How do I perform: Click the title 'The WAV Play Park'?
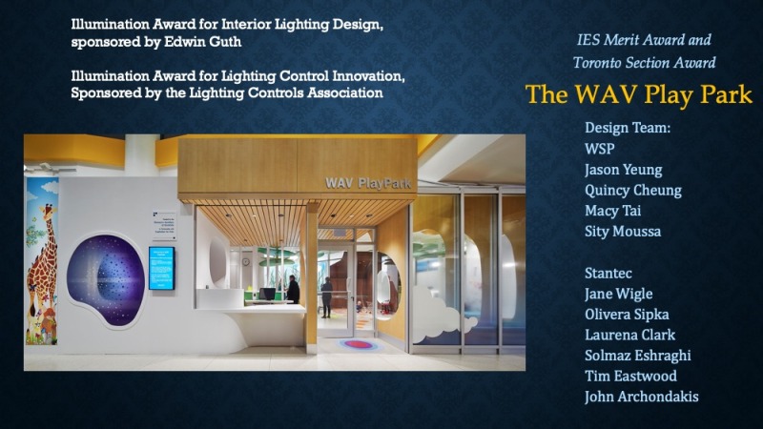point(639,94)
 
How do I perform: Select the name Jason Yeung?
point(624,170)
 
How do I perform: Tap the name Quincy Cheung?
point(633,190)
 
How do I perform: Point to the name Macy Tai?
point(612,211)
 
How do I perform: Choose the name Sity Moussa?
point(623,231)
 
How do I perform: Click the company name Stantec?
point(608,273)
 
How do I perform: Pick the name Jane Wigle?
point(618,294)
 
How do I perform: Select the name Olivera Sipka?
point(627,315)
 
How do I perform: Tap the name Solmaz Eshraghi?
point(638,356)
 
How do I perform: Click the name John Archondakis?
point(641,397)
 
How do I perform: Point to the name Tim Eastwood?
point(630,376)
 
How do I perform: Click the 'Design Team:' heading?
point(628,128)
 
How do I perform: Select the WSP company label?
point(600,149)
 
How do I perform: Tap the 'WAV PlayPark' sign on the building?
point(368,183)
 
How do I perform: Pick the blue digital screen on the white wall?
point(161,268)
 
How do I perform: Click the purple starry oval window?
point(106,278)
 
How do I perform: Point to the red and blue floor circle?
point(359,345)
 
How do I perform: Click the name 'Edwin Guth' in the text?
point(202,42)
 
